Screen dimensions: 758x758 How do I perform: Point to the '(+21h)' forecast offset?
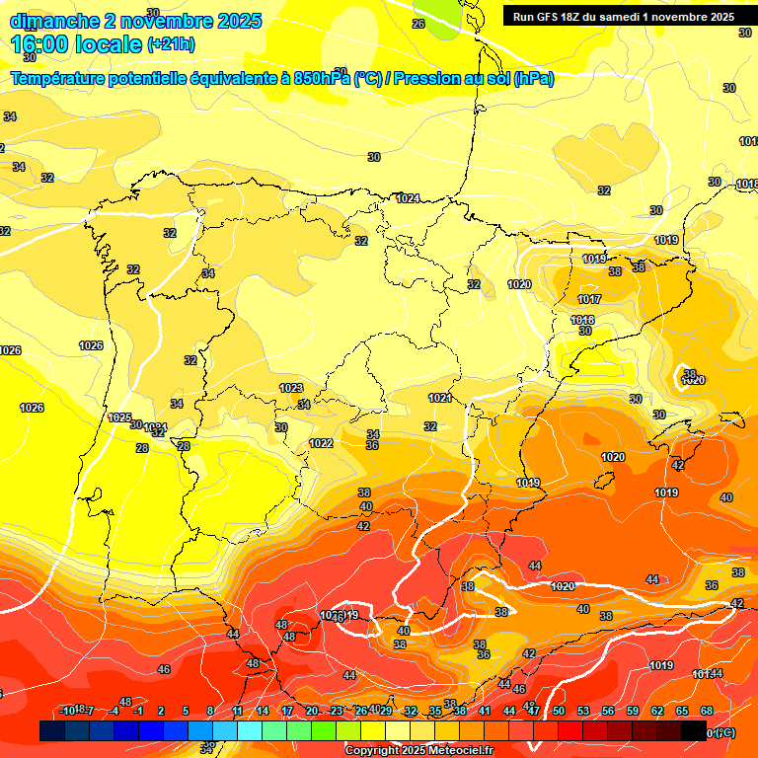point(171,44)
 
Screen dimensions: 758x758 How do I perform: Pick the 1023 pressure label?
point(291,388)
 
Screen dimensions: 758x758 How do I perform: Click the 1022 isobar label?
point(321,444)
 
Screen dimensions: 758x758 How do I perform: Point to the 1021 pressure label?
point(440,398)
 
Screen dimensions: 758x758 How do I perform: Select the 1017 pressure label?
point(589,299)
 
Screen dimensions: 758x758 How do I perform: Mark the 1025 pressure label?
point(119,417)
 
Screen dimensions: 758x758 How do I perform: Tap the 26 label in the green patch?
point(418,24)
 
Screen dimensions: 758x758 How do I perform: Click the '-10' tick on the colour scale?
point(67,711)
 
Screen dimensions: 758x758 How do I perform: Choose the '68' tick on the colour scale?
point(707,711)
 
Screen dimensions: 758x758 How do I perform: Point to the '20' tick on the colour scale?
point(312,711)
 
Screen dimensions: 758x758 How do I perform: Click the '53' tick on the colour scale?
point(583,711)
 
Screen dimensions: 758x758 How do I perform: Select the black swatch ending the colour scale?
point(694,730)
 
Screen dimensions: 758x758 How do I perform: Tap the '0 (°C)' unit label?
point(721,732)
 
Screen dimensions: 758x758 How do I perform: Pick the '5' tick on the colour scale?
point(185,711)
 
